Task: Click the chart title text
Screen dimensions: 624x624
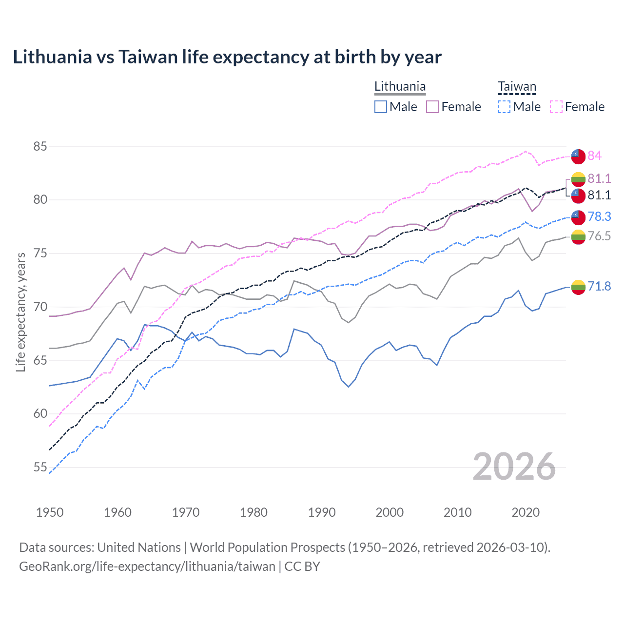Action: (227, 57)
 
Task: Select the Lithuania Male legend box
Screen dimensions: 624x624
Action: (381, 107)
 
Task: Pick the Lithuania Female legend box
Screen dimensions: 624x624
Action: (432, 107)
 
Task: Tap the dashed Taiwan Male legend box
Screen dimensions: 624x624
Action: (504, 107)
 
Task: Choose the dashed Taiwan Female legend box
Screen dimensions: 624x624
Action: (556, 107)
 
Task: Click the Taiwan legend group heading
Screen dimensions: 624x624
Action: (517, 87)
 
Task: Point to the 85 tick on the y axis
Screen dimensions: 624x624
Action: (40, 146)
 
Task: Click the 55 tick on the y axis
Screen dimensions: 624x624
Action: (40, 467)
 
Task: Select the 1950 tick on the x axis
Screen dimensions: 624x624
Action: (50, 512)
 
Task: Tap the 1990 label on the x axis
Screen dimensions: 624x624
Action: (322, 512)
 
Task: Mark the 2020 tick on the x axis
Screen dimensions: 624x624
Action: (526, 512)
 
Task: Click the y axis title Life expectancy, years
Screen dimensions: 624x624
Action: (21, 312)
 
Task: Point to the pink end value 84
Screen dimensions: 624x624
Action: (594, 156)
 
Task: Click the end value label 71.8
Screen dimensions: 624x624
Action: (599, 286)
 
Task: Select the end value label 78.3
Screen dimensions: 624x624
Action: (599, 216)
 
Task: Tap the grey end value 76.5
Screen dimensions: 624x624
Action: (599, 236)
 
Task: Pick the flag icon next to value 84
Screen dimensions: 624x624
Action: (578, 156)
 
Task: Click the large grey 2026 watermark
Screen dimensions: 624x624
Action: (514, 467)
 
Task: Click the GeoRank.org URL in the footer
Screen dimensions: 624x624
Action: (147, 566)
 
